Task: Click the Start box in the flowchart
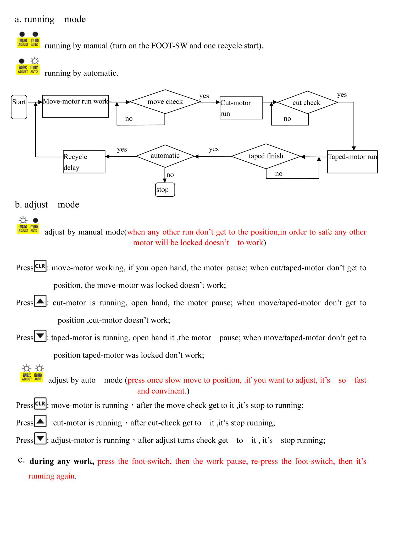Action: [x=19, y=107]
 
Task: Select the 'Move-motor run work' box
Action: [x=75, y=106]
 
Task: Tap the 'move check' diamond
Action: [x=165, y=102]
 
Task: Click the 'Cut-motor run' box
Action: [x=241, y=108]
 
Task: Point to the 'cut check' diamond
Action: [x=307, y=102]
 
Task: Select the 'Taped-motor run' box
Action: [x=352, y=162]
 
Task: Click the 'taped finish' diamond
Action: [x=266, y=156]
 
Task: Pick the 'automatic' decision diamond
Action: [x=165, y=156]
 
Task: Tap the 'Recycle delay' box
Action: [x=84, y=162]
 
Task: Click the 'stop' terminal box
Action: [x=165, y=190]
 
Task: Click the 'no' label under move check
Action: [x=129, y=119]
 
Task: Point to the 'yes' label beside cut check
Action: [x=342, y=94]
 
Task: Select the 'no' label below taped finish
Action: [x=279, y=174]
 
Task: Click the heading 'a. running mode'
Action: [x=50, y=19]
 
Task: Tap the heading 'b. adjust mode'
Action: [x=47, y=204]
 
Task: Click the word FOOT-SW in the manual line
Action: [x=169, y=46]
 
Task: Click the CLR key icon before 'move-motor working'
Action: [x=40, y=266]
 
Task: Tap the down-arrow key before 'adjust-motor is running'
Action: [x=40, y=439]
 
